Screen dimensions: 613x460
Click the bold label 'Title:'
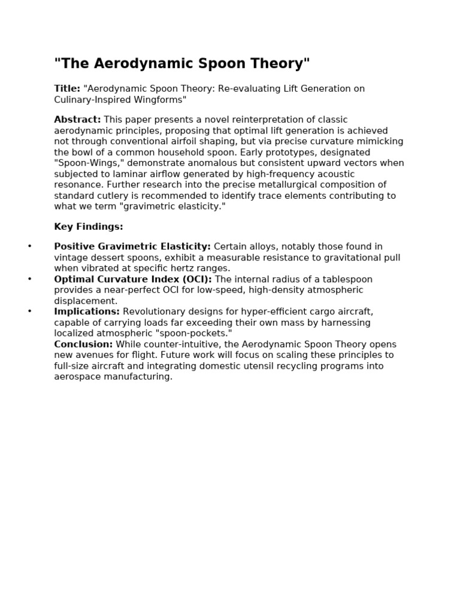click(67, 89)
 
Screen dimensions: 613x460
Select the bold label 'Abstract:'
click(77, 120)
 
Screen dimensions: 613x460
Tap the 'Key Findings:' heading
click(89, 227)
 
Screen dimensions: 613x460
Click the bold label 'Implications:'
click(87, 312)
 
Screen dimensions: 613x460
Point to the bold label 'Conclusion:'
click(83, 344)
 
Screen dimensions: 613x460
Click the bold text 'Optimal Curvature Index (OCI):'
click(133, 280)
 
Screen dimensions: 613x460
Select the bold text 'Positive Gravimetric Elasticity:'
click(132, 247)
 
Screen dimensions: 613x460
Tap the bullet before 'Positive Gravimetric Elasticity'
click(30, 247)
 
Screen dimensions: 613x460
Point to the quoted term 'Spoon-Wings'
click(83, 163)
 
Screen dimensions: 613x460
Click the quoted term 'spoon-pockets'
click(197, 333)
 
